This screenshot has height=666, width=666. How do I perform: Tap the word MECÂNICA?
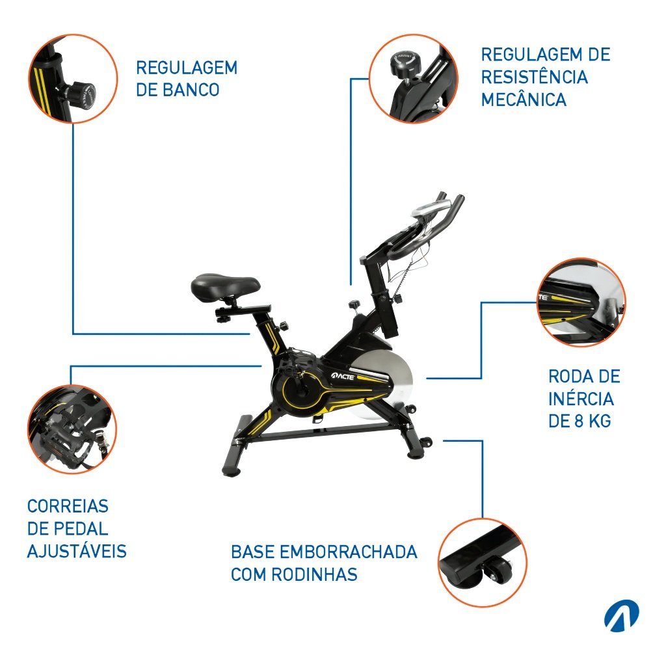524,100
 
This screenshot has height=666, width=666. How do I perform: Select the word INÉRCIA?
581,399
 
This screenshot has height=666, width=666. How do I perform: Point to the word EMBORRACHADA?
349,552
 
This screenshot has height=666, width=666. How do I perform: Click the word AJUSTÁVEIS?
77,551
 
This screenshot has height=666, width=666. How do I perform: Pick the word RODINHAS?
314,574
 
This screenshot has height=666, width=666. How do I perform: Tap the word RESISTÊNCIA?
535,77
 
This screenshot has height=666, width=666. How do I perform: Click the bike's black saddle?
225,286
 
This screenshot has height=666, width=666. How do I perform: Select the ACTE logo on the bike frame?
342,376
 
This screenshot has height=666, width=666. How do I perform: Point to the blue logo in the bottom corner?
621,615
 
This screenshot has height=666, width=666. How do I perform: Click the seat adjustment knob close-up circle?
73,79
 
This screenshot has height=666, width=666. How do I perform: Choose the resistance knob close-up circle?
413,79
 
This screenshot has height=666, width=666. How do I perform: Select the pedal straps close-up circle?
72,429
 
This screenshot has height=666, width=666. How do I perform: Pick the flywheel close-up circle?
581,302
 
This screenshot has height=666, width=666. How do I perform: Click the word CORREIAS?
68,506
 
